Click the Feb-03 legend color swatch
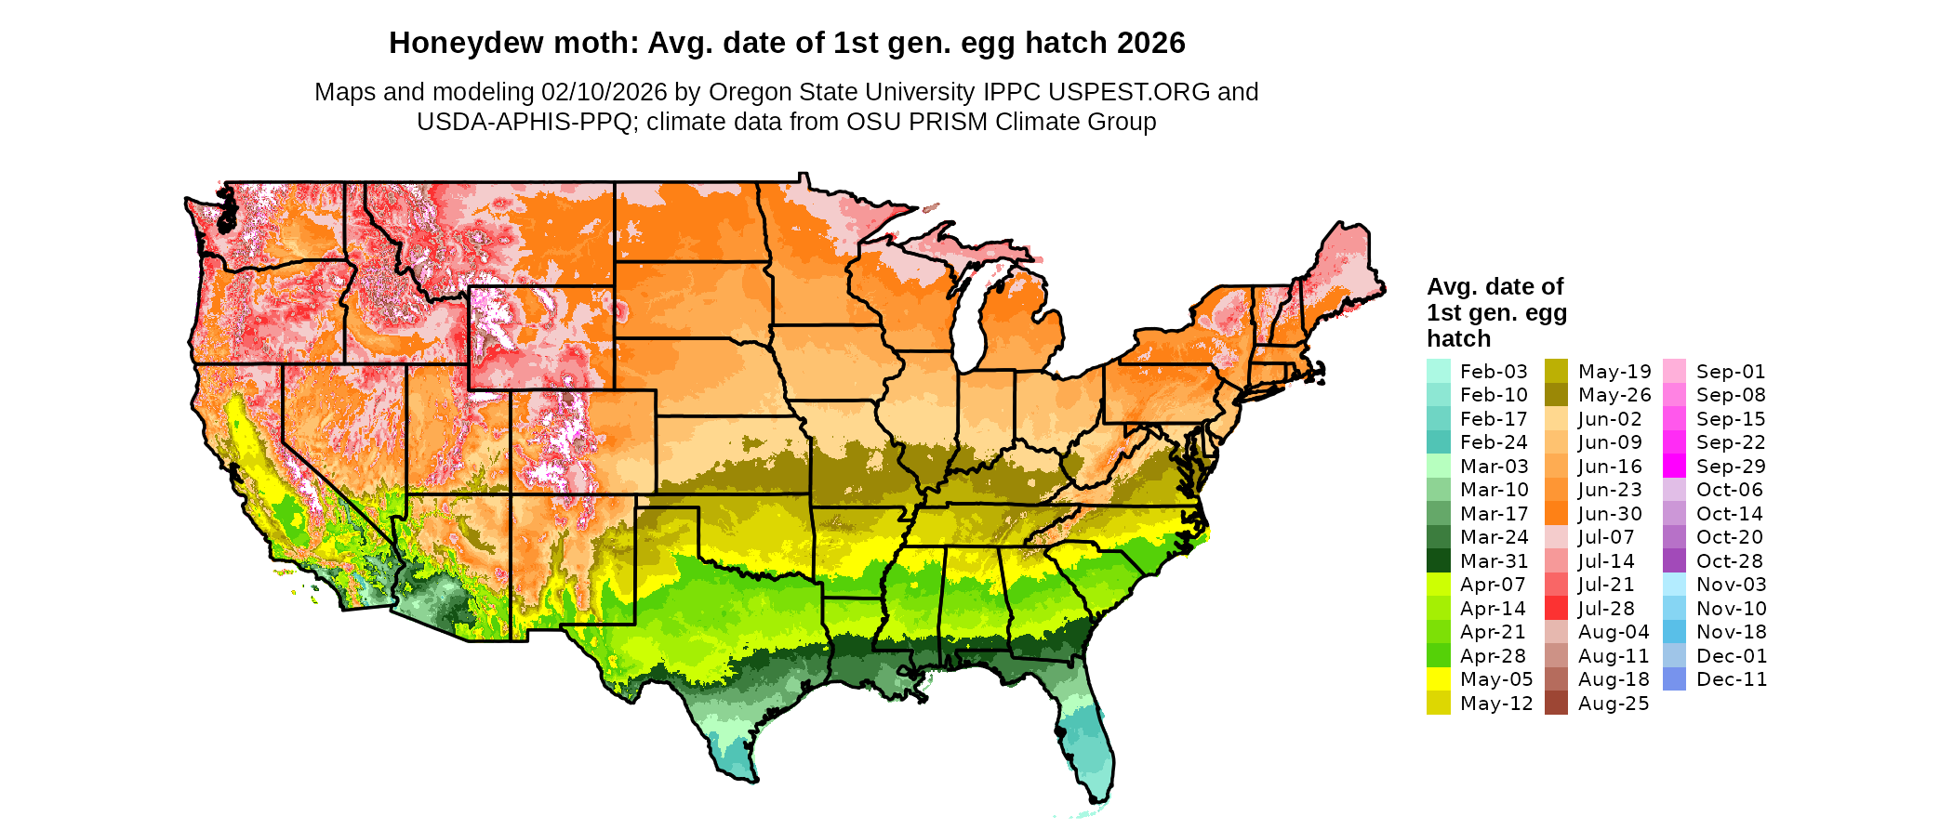pyautogui.click(x=1438, y=371)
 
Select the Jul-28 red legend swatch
pyautogui.click(x=1556, y=609)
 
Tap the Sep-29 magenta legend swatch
pyautogui.click(x=1674, y=467)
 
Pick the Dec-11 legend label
pyautogui.click(x=1731, y=679)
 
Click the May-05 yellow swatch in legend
pyautogui.click(x=1438, y=679)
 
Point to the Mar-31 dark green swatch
pyautogui.click(x=1438, y=561)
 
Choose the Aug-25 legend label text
pyautogui.click(x=1614, y=704)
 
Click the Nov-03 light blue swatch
pyautogui.click(x=1674, y=585)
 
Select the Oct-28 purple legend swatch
pyautogui.click(x=1674, y=561)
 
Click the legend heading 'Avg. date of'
pyautogui.click(x=1495, y=286)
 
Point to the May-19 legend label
pyautogui.click(x=1614, y=372)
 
